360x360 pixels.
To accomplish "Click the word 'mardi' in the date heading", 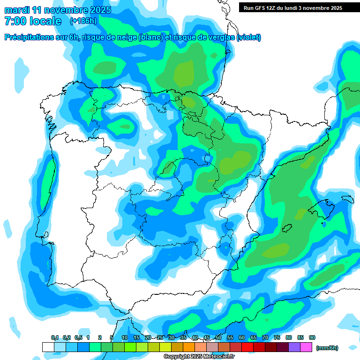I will click(x=17, y=10).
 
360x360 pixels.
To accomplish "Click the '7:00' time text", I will click(x=15, y=21).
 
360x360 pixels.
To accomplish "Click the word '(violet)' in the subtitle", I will click(x=249, y=37).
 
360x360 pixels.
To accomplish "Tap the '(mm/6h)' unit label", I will click(x=327, y=348).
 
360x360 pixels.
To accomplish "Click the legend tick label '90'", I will click(x=312, y=338).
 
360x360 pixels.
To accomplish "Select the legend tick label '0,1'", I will click(x=54, y=338).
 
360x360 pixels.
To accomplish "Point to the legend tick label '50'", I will click(x=218, y=338).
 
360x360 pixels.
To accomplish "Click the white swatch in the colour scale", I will click(x=48, y=347).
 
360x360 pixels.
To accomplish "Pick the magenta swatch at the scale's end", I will click(x=306, y=347).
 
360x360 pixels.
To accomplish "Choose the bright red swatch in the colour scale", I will click(x=247, y=347).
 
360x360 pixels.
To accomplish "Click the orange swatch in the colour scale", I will click(x=189, y=347).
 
